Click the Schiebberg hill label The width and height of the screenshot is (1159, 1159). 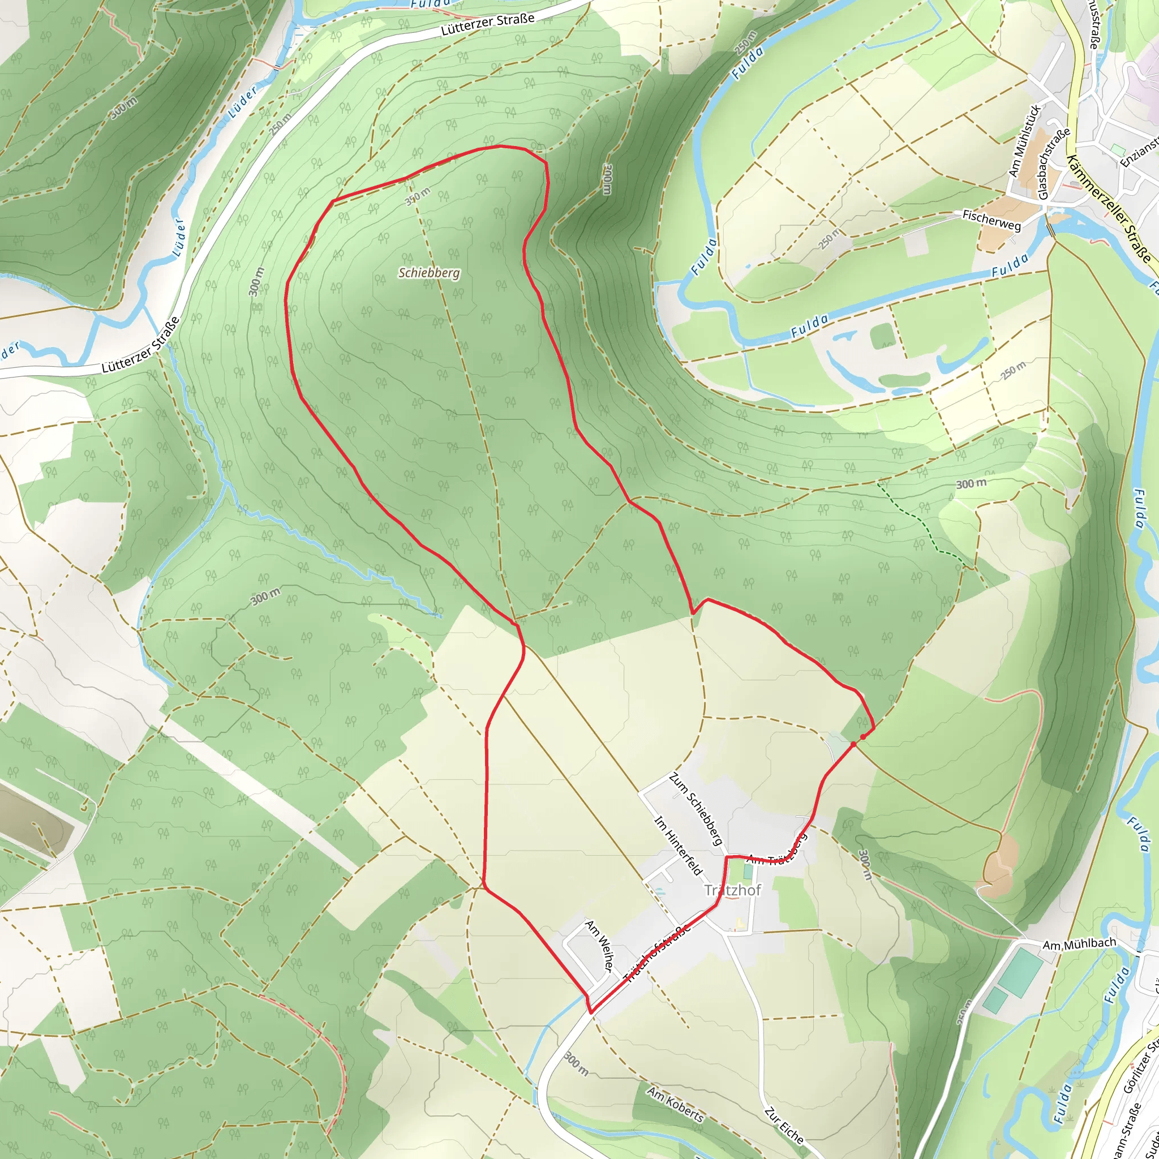[x=429, y=273]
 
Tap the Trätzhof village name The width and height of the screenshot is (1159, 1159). [x=732, y=890]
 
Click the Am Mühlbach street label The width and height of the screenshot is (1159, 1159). [x=1079, y=945]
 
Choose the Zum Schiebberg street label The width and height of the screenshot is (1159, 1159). [x=696, y=809]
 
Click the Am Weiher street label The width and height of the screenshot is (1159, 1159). [x=599, y=946]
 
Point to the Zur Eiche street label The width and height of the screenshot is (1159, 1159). [x=783, y=1126]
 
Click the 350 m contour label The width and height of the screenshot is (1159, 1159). [x=418, y=196]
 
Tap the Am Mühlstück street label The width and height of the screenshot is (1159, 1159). [x=1024, y=141]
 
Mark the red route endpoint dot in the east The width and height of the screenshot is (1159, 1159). [x=862, y=737]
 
